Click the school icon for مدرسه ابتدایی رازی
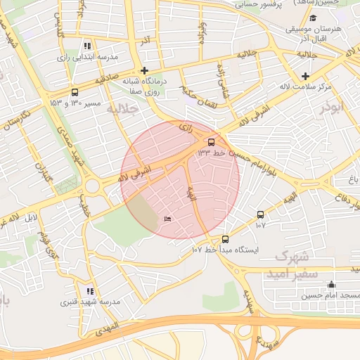click(x=87, y=46)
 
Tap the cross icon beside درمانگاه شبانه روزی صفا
click(x=144, y=70)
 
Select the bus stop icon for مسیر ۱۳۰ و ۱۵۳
click(x=75, y=92)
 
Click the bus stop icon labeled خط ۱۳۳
click(x=212, y=141)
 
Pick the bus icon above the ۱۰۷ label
click(x=261, y=214)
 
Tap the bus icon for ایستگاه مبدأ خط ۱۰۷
click(x=225, y=239)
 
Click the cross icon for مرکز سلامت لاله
click(x=304, y=76)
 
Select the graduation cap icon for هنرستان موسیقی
click(x=313, y=18)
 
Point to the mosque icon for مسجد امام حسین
click(x=331, y=284)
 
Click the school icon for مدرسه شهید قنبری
click(x=89, y=291)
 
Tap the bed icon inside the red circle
click(x=167, y=220)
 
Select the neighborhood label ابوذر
click(x=334, y=108)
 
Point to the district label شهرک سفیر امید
click(x=292, y=264)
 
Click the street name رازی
click(x=186, y=127)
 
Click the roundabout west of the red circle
click(x=92, y=187)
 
